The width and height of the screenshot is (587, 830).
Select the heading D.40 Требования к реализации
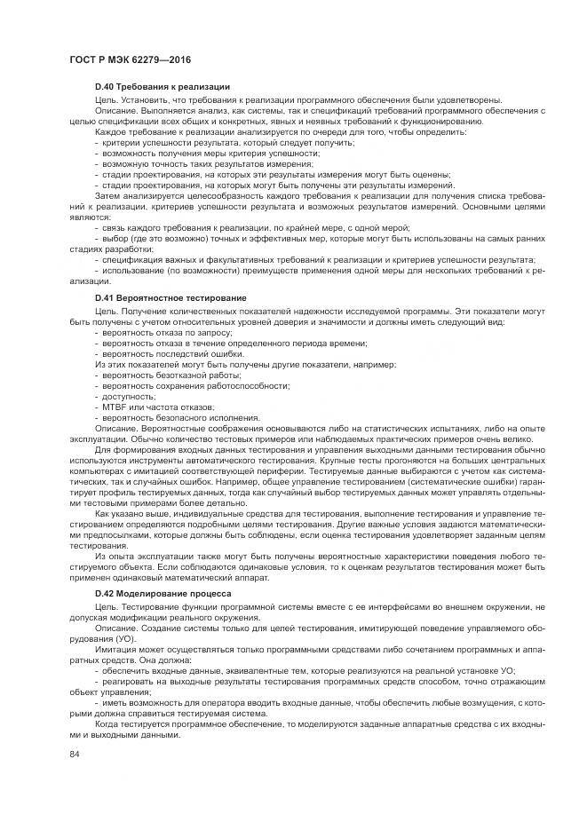click(x=163, y=86)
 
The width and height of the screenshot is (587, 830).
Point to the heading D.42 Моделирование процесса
click(x=163, y=592)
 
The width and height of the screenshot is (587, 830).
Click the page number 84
click(x=75, y=755)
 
